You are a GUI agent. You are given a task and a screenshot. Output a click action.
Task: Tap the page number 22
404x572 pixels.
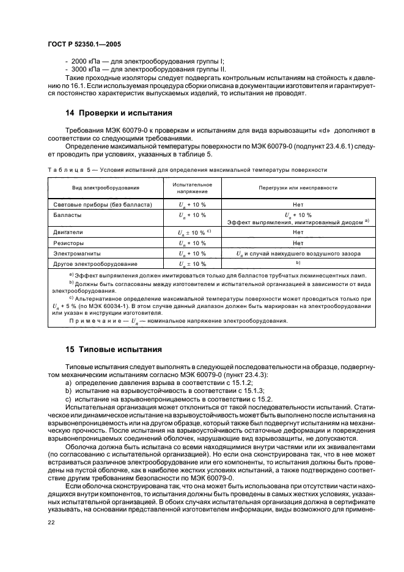coord(51,521)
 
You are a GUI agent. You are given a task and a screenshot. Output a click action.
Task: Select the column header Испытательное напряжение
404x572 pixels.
coord(192,187)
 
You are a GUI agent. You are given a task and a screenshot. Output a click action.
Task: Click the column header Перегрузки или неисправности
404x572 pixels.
coord(297,187)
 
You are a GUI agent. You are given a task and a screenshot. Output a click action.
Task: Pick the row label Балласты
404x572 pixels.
coord(67,215)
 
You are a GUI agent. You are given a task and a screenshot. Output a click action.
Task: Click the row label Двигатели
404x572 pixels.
coord(68,232)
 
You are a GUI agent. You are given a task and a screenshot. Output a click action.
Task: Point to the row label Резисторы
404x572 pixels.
coord(69,243)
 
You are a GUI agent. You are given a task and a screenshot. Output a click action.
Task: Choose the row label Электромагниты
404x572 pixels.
coord(75,253)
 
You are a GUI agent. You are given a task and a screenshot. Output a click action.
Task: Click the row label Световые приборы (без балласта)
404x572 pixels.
coord(102,204)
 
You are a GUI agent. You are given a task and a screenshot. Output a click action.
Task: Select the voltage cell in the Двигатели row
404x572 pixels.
coord(193,232)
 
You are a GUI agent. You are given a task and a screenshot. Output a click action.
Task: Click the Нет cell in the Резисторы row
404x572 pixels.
coord(298,243)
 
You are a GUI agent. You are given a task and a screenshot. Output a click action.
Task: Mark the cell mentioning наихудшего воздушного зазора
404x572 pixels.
coord(298,253)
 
